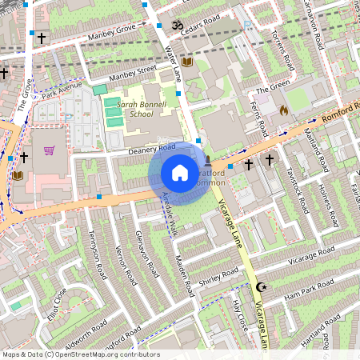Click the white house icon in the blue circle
180,173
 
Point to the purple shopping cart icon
50,150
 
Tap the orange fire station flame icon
283,110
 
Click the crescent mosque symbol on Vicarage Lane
259,286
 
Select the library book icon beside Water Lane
188,62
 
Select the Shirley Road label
219,276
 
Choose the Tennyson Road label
97,254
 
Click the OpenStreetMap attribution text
80,354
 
